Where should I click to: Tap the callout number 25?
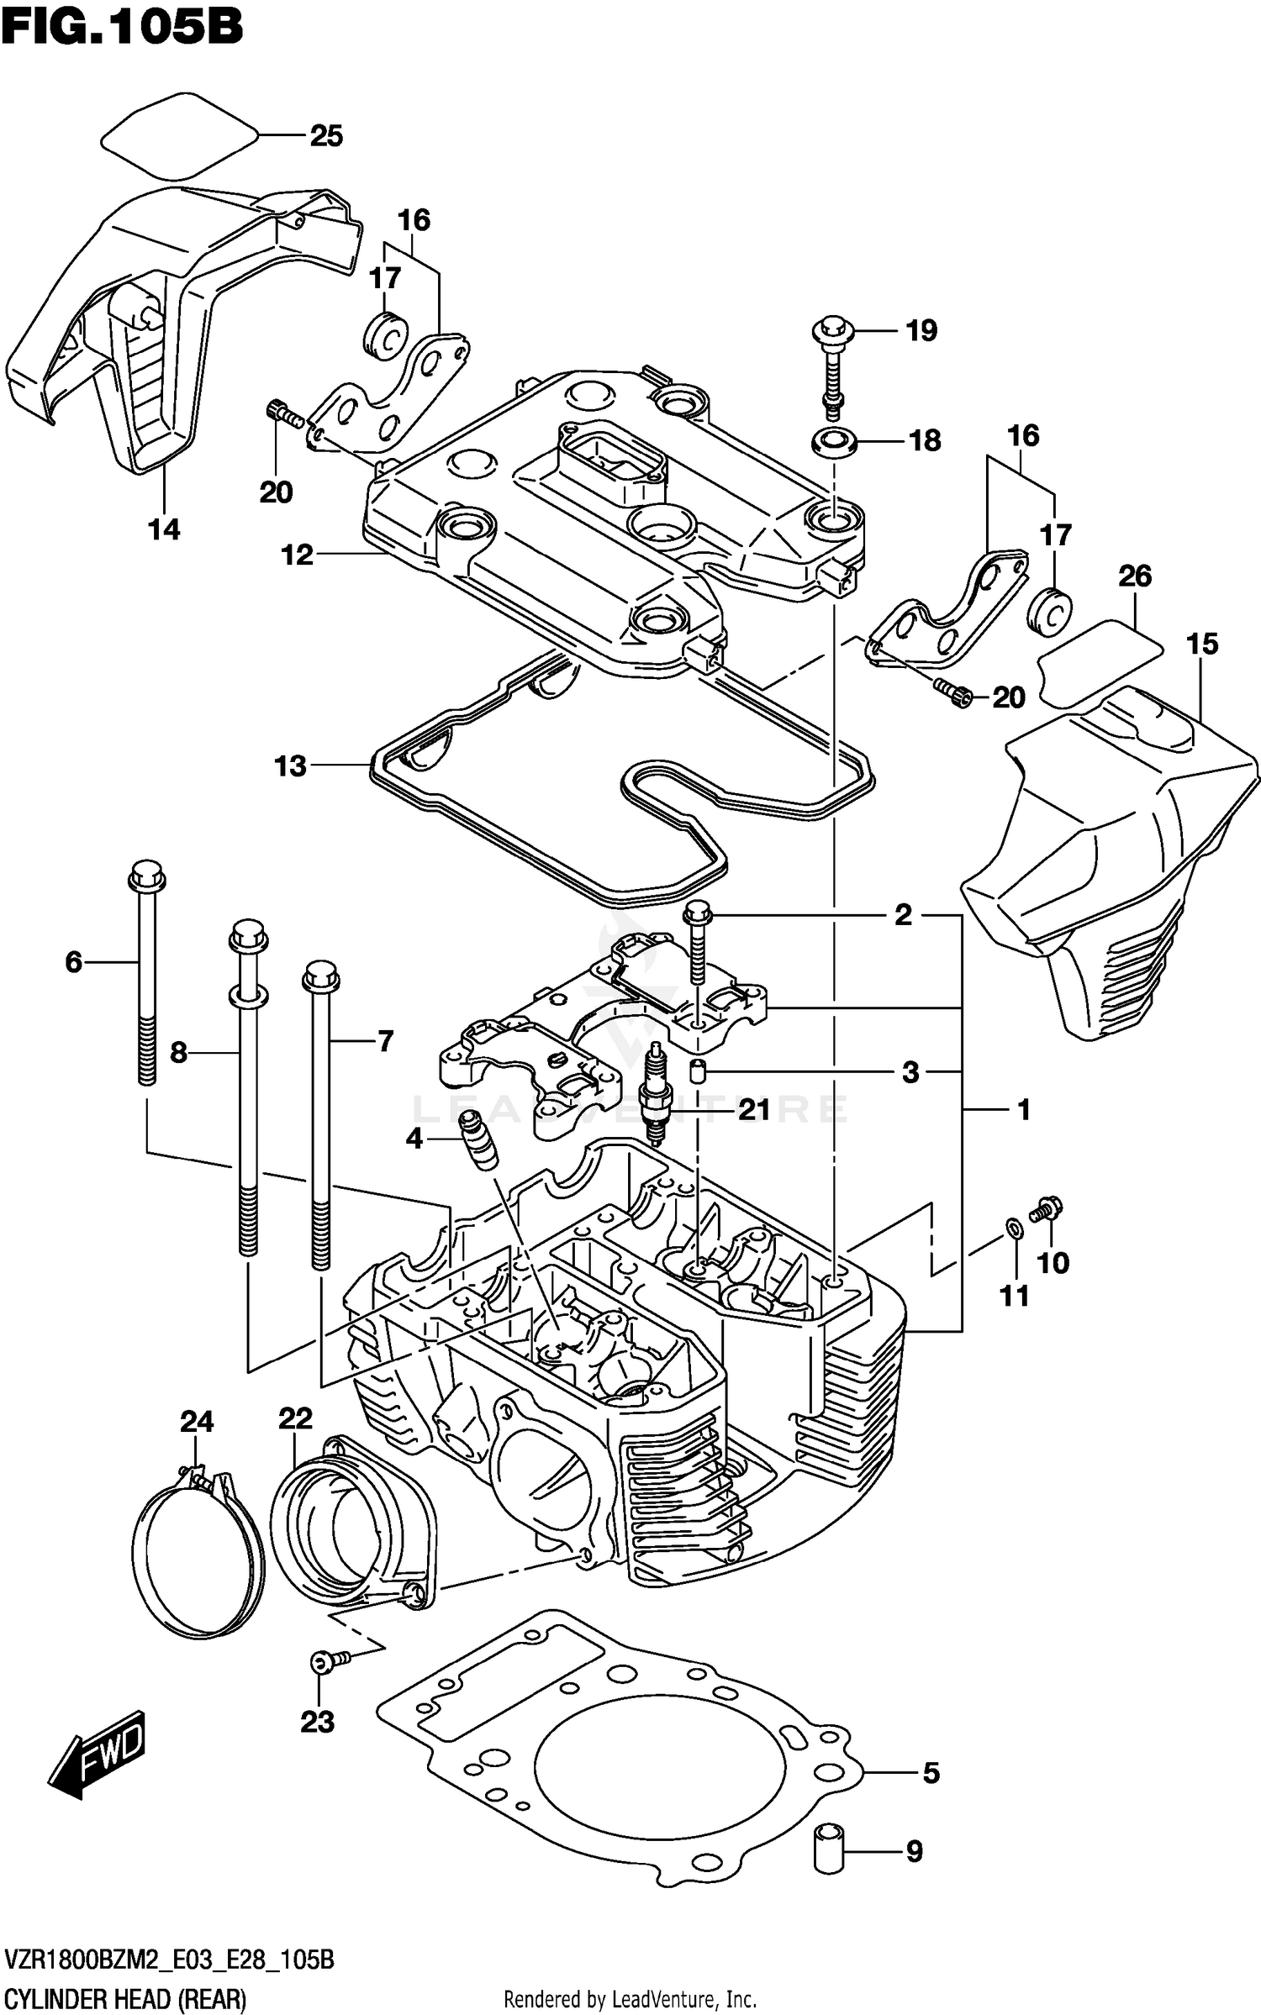[x=326, y=136]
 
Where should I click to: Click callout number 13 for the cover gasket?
[x=291, y=766]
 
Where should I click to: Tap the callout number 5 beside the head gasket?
[x=931, y=1773]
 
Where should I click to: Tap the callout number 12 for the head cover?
[x=297, y=555]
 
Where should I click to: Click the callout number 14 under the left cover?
[x=164, y=529]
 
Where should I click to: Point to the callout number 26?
[x=1134, y=576]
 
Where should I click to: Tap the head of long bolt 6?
[x=146, y=876]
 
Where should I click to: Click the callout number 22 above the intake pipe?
[x=295, y=1418]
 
